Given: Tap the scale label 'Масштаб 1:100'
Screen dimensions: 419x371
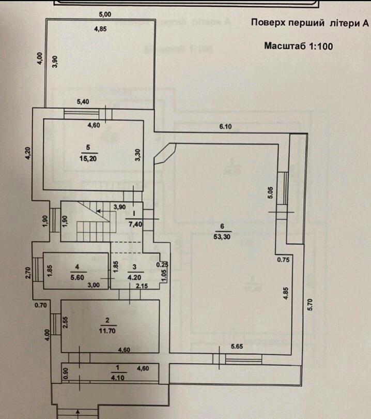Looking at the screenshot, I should click(298, 46).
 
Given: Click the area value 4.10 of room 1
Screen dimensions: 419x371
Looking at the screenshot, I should click(118, 377).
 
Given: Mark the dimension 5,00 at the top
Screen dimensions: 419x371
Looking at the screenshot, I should click(105, 13).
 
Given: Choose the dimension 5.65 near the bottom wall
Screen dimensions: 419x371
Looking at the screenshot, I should click(237, 347).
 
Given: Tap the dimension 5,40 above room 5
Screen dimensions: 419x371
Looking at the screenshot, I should click(83, 102).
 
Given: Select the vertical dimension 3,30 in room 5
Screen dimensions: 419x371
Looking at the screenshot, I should click(138, 156).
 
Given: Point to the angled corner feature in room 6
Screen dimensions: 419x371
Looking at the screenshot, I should click(165, 154).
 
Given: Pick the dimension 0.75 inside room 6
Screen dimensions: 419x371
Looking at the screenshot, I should click(282, 260).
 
